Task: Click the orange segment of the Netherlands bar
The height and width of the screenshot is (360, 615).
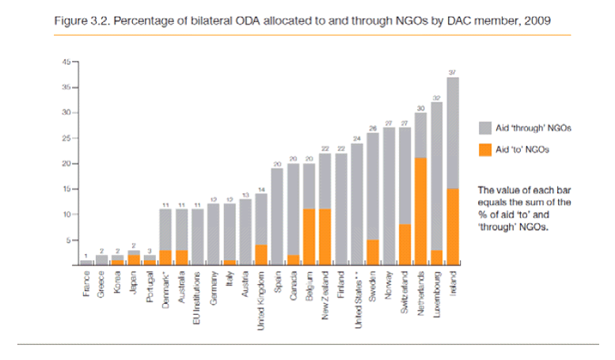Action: coord(420,211)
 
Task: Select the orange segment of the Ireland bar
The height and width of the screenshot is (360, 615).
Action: coord(453,226)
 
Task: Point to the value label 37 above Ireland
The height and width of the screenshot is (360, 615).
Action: coord(452,73)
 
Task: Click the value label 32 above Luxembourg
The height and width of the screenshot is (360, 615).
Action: coord(436,97)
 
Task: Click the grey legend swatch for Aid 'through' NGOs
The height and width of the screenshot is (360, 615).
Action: coord(488,127)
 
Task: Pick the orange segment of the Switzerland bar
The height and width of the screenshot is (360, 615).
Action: coord(404,244)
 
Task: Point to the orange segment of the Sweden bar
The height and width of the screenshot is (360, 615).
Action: coord(372,252)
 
